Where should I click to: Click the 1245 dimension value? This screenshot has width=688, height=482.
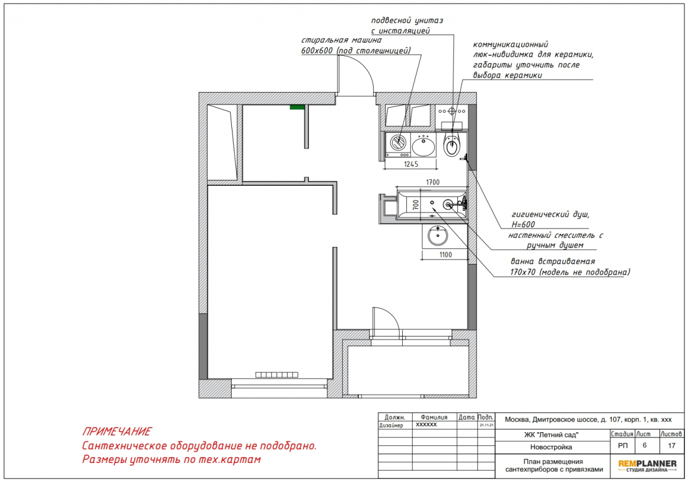click(x=411, y=164)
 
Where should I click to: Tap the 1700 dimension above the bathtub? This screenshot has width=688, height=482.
click(x=432, y=182)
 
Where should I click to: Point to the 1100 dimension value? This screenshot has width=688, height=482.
click(x=445, y=255)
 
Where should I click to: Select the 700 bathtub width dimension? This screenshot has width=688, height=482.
click(x=416, y=204)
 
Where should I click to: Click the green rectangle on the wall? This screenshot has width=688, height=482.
click(x=297, y=107)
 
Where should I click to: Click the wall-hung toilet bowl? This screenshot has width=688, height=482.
click(x=451, y=145)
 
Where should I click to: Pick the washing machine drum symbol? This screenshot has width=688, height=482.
click(x=399, y=142)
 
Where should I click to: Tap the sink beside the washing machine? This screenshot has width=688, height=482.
click(x=423, y=146)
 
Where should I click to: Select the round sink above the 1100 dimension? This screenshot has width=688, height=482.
click(x=438, y=236)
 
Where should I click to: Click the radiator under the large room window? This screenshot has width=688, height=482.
click(x=277, y=375)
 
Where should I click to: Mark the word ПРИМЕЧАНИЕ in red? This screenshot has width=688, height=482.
click(x=117, y=432)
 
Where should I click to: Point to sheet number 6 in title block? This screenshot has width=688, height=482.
click(x=645, y=445)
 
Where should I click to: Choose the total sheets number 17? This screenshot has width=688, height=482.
click(x=672, y=445)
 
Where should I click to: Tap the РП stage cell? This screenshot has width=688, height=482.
click(x=623, y=445)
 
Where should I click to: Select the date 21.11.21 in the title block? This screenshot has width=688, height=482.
click(x=486, y=426)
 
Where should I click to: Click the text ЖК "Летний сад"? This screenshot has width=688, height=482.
click(x=551, y=435)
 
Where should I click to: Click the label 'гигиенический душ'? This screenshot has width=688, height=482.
click(x=550, y=215)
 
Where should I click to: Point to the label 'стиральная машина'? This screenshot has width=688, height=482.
click(x=341, y=40)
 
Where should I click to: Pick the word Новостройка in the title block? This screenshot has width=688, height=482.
click(x=551, y=448)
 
